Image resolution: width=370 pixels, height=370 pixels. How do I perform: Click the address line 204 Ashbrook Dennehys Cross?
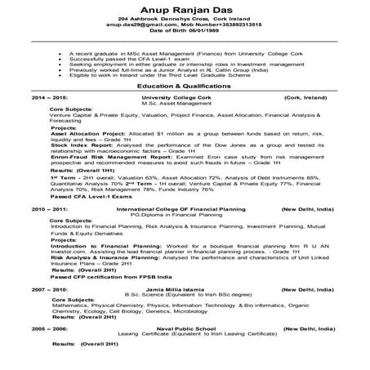[185, 19]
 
